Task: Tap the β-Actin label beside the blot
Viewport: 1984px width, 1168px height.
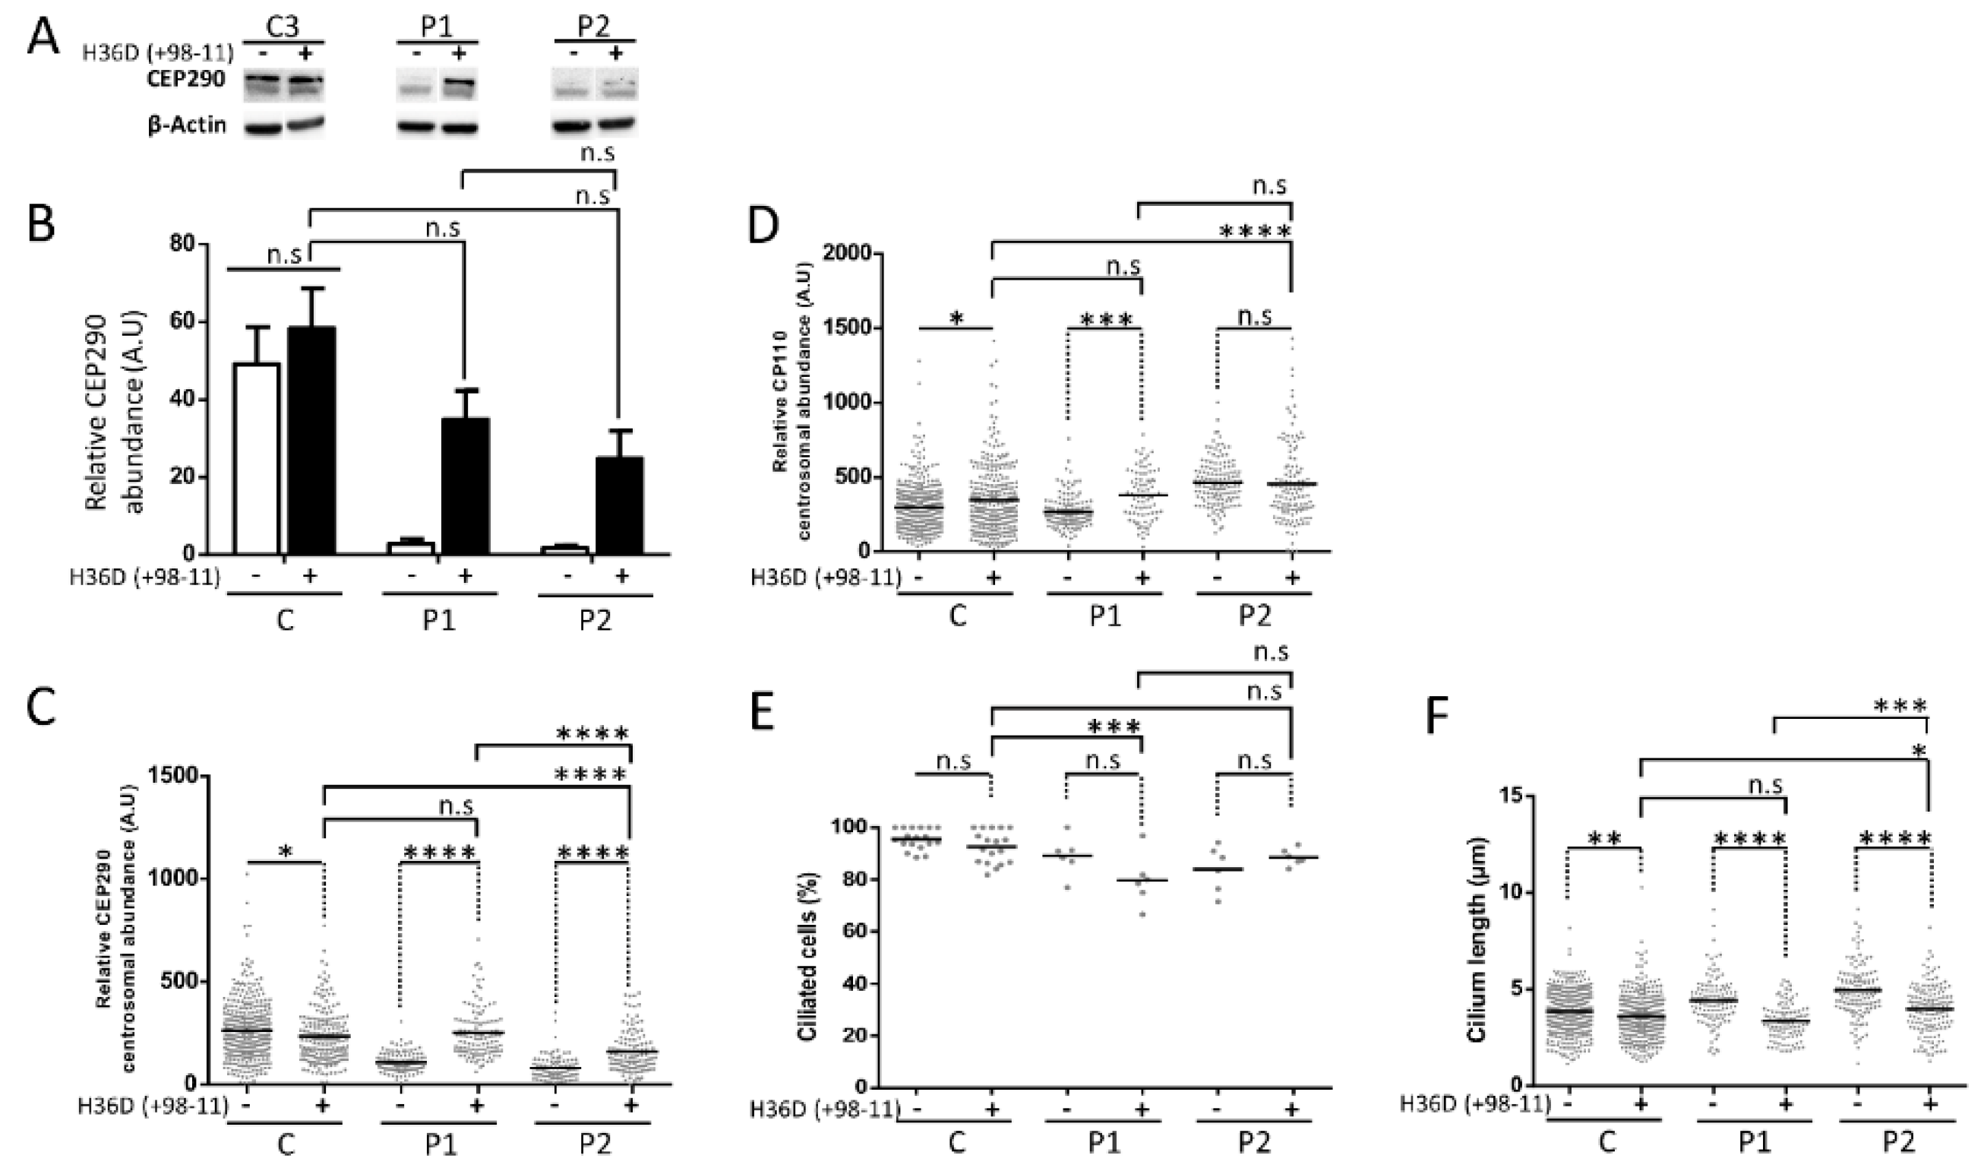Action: coord(186,125)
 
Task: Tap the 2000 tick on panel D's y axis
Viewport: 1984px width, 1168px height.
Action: coord(845,254)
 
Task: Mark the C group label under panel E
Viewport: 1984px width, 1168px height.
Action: coord(956,1144)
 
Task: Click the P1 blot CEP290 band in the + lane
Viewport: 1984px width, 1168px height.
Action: coord(459,82)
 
